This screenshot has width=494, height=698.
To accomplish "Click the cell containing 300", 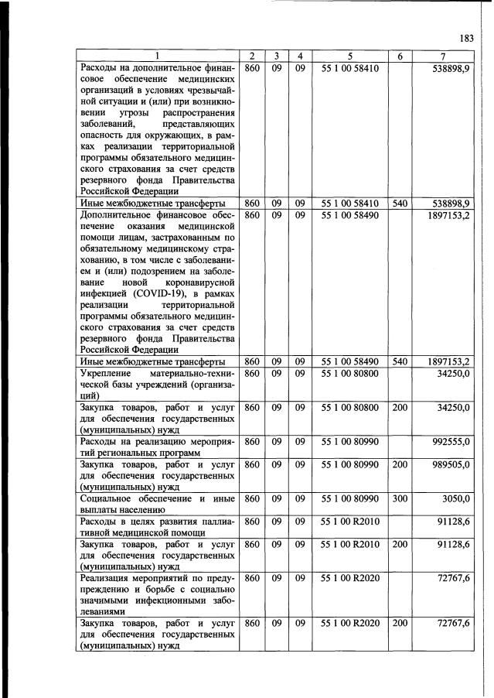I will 400,499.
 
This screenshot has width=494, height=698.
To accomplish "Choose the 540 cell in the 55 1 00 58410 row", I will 400,202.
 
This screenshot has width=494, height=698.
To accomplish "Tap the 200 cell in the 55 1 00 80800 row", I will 400,406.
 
